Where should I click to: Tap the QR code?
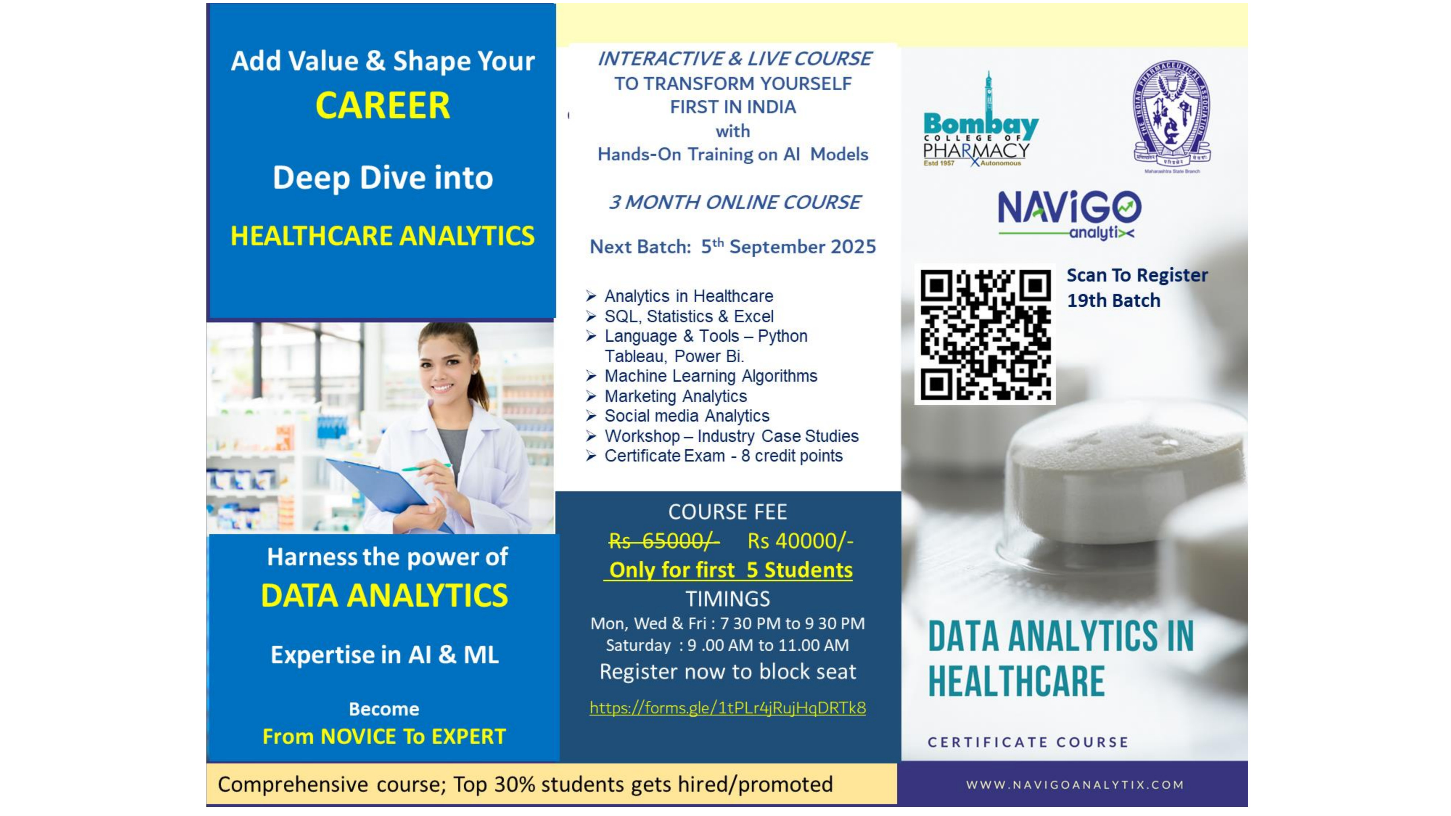pyautogui.click(x=985, y=334)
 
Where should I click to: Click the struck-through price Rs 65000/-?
pyautogui.click(x=663, y=541)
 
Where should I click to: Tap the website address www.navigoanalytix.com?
pyautogui.click(x=1075, y=784)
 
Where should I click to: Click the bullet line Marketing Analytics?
pyautogui.click(x=675, y=396)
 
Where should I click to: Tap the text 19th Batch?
pyautogui.click(x=1114, y=301)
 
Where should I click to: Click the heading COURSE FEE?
pyautogui.click(x=728, y=512)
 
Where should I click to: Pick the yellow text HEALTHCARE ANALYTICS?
pyautogui.click(x=382, y=235)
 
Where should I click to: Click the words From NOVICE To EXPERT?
pyautogui.click(x=384, y=737)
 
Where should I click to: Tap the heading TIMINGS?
pyautogui.click(x=728, y=599)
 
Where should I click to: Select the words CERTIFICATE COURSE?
pyautogui.click(x=1028, y=742)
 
